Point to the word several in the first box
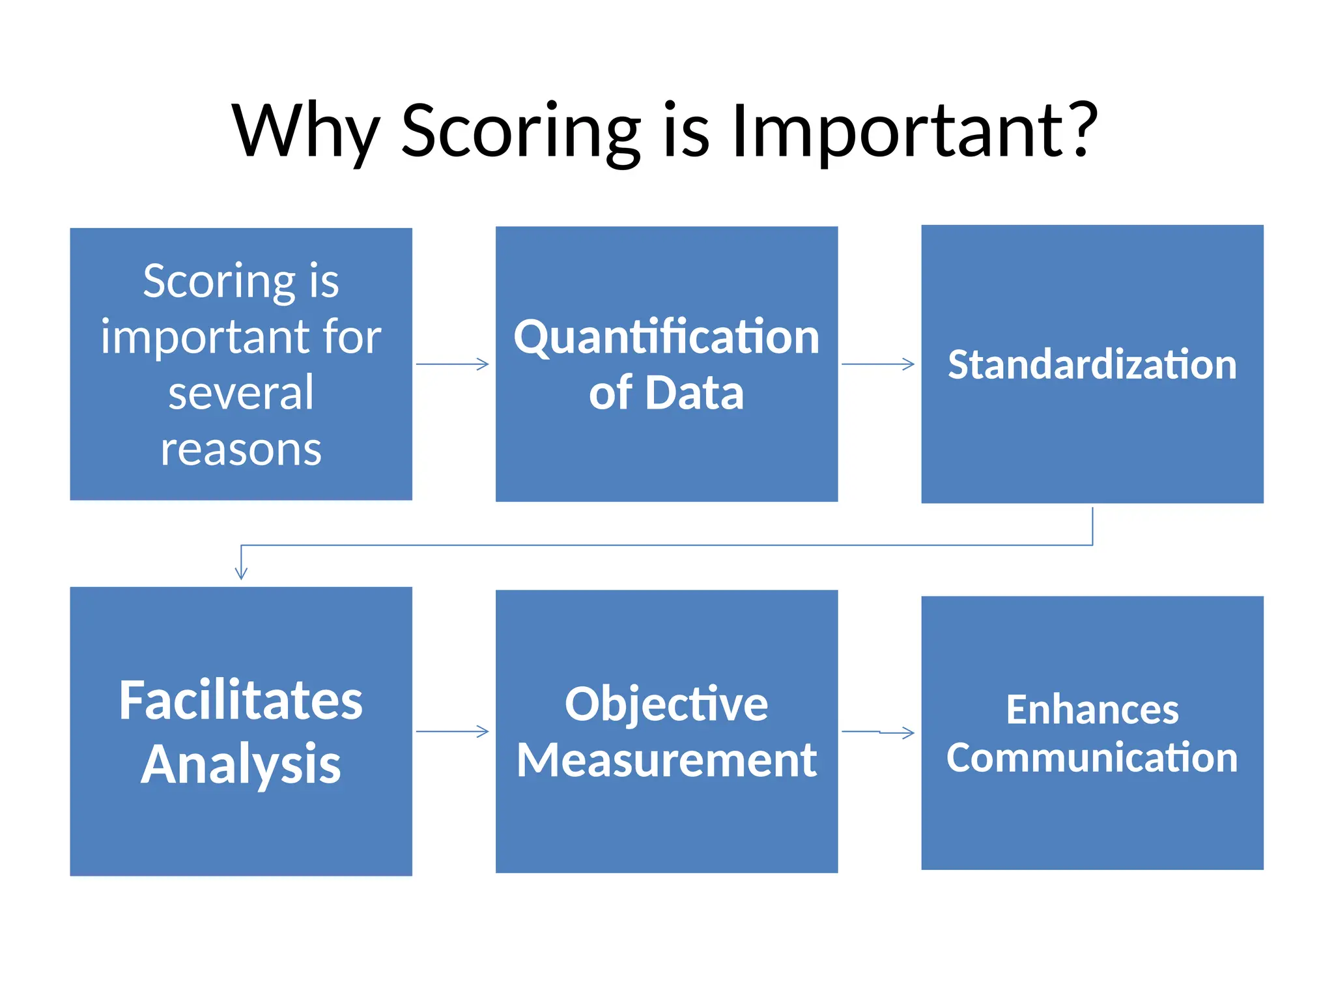[x=241, y=393]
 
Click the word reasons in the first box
[x=241, y=450]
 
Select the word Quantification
[x=666, y=337]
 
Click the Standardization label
[x=1092, y=364]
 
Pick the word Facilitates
[x=241, y=701]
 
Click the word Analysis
[x=241, y=764]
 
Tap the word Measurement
[x=666, y=760]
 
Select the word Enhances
[x=1092, y=709]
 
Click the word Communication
[x=1092, y=758]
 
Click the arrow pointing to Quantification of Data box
[x=453, y=364]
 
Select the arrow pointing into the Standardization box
[x=878, y=364]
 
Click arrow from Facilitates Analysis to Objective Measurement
[x=453, y=732]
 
